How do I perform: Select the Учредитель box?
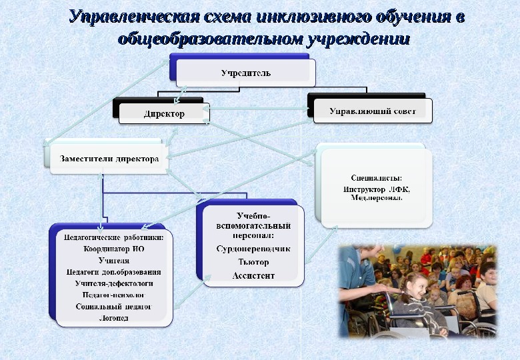point(245,73)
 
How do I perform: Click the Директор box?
point(164,113)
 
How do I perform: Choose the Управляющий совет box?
point(373,111)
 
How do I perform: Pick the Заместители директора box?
point(109,159)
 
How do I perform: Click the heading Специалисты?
point(376,178)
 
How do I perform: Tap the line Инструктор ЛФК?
point(377,189)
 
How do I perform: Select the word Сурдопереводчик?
point(253,249)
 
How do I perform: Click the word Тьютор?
point(253,262)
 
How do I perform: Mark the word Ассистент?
point(253,275)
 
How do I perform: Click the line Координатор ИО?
point(113,249)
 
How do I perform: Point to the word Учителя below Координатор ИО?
point(113,261)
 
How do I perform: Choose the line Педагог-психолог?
point(113,294)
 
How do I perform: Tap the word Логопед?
point(113,318)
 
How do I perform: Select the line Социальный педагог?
point(113,306)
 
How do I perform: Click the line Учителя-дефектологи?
point(113,283)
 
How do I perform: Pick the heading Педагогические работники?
point(113,237)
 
